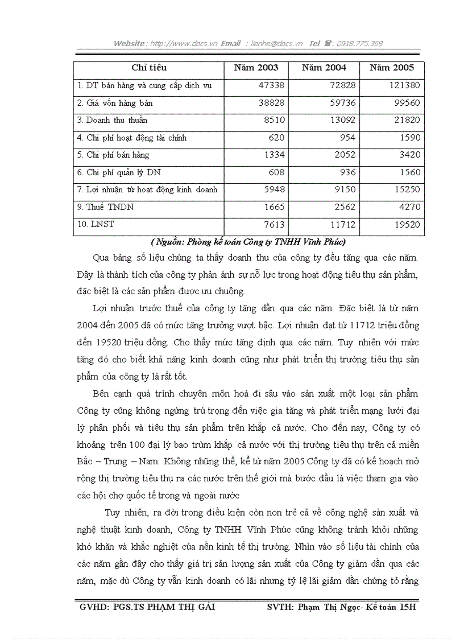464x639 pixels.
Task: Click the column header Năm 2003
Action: click(256, 68)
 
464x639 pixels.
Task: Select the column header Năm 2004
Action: click(324, 68)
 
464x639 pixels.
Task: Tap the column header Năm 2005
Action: click(392, 68)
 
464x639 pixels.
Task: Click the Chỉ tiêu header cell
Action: click(149, 68)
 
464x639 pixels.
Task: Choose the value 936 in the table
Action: click(346, 172)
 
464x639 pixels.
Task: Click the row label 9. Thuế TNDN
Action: click(105, 207)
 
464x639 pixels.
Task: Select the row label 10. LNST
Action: click(95, 224)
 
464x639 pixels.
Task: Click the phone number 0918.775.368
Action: click(359, 43)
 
